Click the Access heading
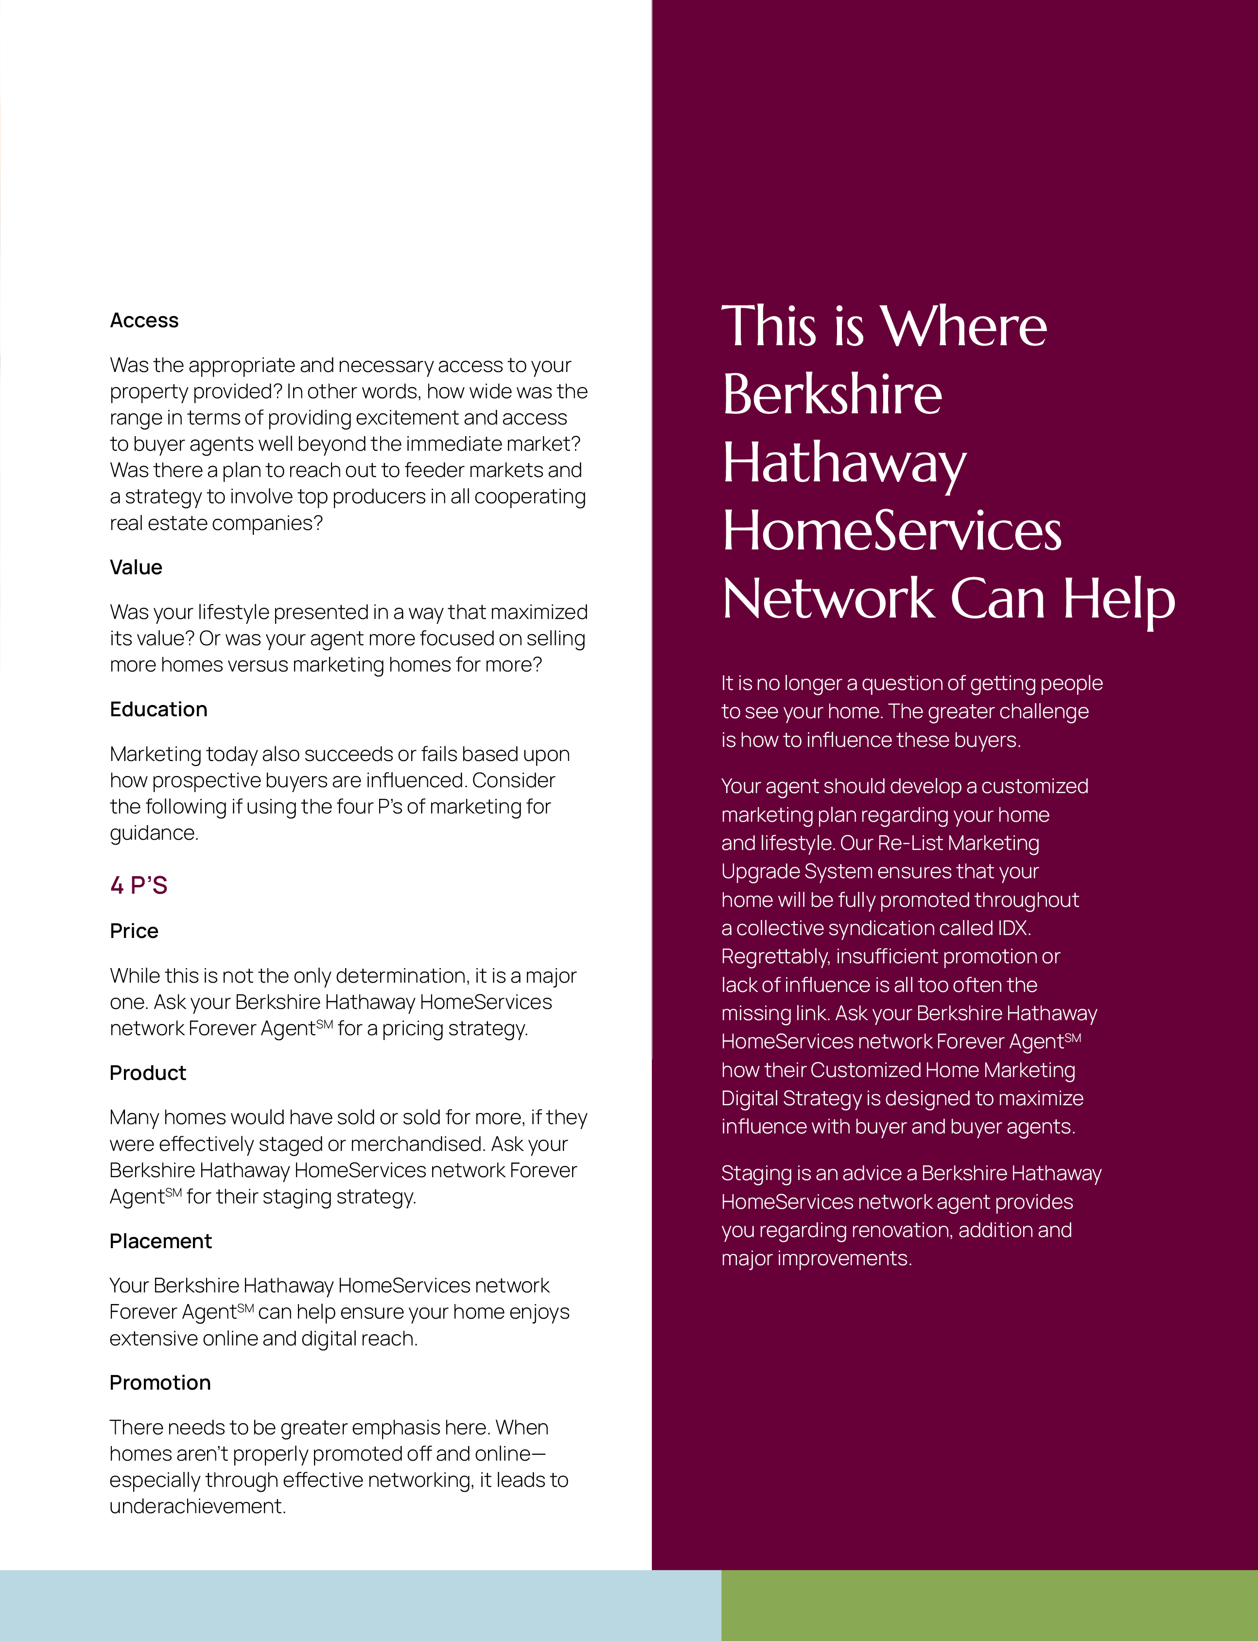(144, 320)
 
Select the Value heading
(136, 568)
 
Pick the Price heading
(134, 931)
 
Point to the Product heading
(147, 1073)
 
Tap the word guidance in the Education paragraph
(154, 833)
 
